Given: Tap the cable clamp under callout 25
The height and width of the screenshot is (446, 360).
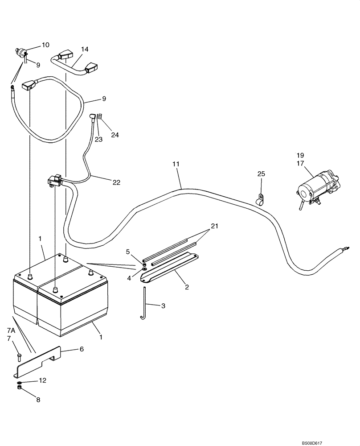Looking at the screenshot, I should click(261, 198).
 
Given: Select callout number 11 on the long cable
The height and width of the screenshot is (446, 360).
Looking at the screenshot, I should click(176, 164).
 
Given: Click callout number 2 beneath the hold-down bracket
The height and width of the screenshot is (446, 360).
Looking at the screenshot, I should click(187, 287).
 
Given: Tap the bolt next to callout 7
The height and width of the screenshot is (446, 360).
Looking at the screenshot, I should click(19, 356).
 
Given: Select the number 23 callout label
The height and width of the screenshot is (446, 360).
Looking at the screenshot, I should click(98, 139).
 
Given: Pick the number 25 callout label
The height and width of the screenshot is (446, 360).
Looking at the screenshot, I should click(261, 173).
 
